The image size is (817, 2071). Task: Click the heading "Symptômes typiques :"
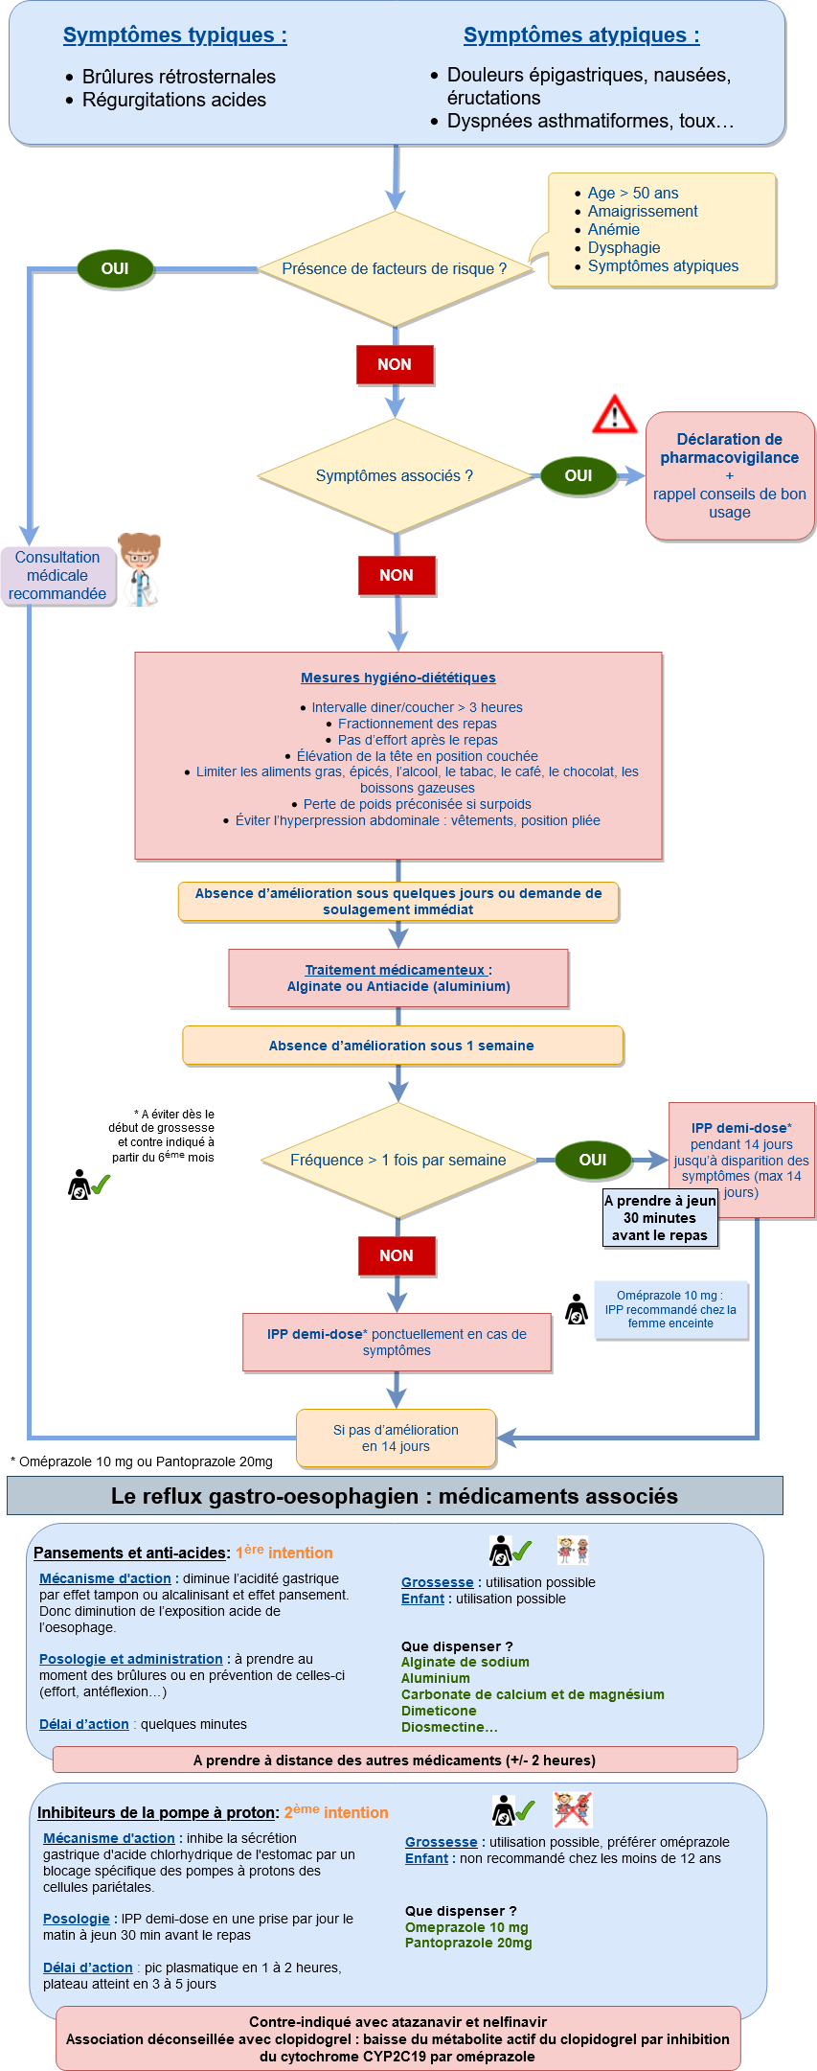174,35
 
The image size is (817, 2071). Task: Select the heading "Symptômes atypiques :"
581,35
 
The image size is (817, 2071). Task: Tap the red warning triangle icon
614,414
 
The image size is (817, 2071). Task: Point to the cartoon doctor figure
140,569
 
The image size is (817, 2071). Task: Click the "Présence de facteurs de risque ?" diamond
395,269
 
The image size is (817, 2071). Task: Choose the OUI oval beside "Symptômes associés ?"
579,475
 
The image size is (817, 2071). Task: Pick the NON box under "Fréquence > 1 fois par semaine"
397,1255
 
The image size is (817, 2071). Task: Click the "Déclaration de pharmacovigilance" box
730,475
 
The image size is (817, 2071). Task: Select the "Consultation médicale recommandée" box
57,575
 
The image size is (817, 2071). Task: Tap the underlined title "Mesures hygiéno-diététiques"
398,678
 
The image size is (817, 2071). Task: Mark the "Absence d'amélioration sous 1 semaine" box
402,1046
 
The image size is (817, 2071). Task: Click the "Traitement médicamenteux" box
398,978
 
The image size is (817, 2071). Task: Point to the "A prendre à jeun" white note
660,1218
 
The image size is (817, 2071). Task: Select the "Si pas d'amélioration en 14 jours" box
396,1438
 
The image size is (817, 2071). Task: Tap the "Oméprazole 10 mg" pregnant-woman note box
670,1309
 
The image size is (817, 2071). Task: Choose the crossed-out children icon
573,1809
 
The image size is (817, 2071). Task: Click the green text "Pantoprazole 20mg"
468,1943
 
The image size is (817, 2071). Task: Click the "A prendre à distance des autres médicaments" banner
395,1760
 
